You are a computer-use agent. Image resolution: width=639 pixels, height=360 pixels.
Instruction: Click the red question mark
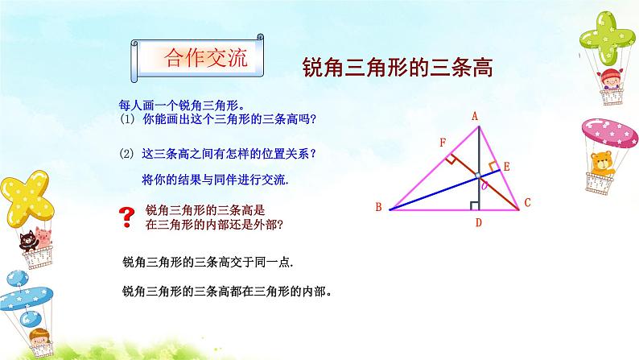tap(126, 214)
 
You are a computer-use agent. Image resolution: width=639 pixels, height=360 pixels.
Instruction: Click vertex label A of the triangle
tap(476, 115)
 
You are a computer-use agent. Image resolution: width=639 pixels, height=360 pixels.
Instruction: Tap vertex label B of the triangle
tap(377, 208)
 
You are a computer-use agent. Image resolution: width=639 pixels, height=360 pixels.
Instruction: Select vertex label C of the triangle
tap(527, 204)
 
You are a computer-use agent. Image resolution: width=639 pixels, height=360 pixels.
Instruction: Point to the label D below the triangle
tap(477, 222)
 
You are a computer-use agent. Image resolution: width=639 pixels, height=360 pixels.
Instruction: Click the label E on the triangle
tap(506, 166)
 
